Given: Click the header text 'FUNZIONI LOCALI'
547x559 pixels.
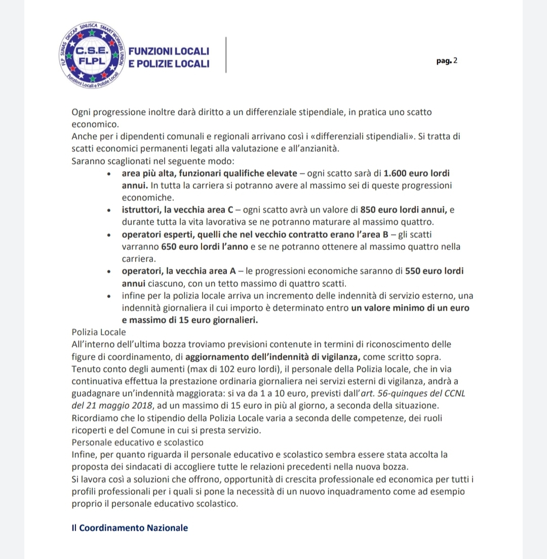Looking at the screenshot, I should [x=169, y=52].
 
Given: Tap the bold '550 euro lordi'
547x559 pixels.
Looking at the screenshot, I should [x=435, y=271].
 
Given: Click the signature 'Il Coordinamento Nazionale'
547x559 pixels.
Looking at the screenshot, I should [x=130, y=528].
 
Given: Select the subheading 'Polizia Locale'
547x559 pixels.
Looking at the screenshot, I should [x=99, y=332].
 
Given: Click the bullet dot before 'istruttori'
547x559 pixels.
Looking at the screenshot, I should [x=110, y=210].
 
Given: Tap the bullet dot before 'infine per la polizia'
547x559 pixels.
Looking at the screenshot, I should [x=110, y=296].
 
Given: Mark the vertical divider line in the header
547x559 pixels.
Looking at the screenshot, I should [x=226, y=55].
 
